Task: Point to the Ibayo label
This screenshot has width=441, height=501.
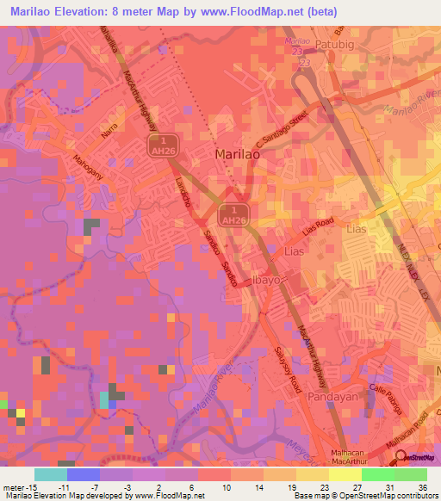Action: [267, 281]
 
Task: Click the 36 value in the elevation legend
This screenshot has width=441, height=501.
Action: [422, 488]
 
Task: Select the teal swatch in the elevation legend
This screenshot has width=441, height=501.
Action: [50, 474]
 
